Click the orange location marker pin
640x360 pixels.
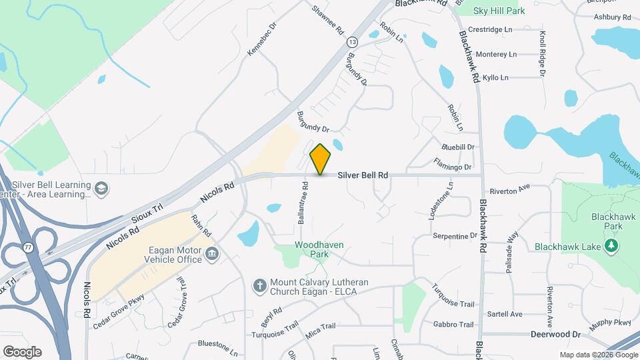coord(321,159)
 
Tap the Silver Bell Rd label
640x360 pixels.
coord(363,175)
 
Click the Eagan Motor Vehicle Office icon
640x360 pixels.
coord(212,253)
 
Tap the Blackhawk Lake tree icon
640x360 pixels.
coord(611,247)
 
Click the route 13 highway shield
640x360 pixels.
coord(351,43)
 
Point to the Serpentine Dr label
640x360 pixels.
coord(455,236)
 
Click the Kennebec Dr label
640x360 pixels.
coord(262,43)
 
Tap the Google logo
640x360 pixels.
coord(22,351)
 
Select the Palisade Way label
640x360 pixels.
coord(512,246)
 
